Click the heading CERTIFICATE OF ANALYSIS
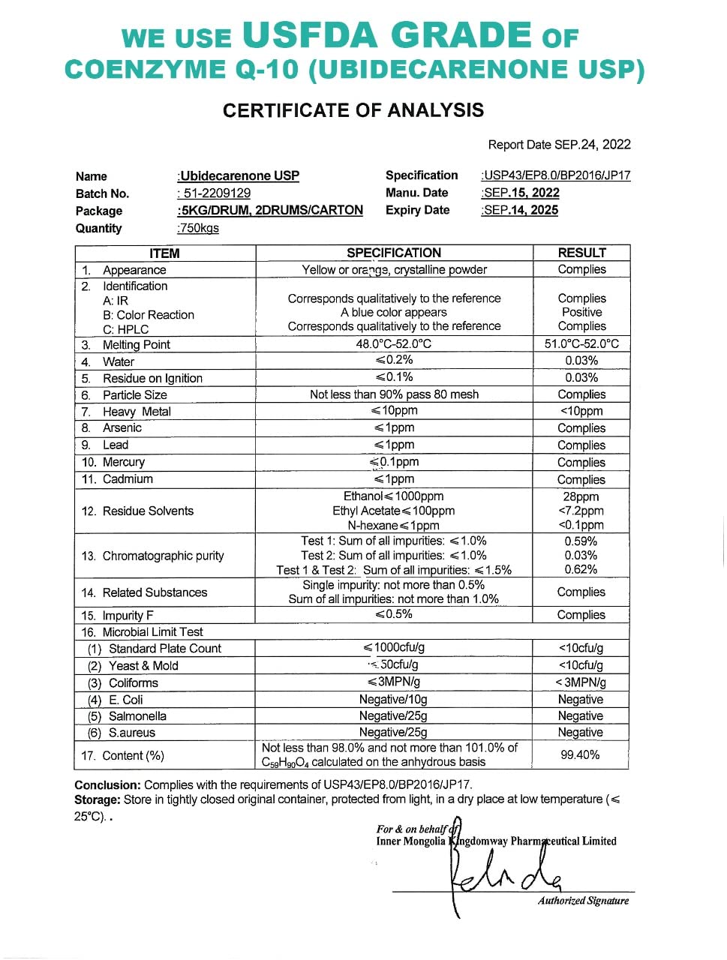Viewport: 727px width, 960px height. pyautogui.click(x=353, y=110)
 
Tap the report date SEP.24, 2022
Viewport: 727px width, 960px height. pyautogui.click(x=592, y=145)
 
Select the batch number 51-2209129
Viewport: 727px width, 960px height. pyautogui.click(x=215, y=193)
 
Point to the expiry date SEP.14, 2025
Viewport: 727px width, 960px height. pyautogui.click(x=521, y=210)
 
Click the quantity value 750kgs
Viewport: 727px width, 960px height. pyautogui.click(x=200, y=228)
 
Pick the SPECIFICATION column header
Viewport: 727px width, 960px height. pyautogui.click(x=394, y=253)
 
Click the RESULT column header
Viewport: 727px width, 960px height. pyautogui.click(x=581, y=253)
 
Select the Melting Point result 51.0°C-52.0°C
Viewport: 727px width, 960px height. pyautogui.click(x=581, y=344)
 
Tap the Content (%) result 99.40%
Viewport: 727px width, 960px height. pyautogui.click(x=580, y=754)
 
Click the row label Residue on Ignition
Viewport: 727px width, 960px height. pyautogui.click(x=152, y=378)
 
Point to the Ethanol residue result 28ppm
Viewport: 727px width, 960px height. pyautogui.click(x=581, y=496)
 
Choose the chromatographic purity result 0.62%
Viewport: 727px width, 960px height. pyautogui.click(x=581, y=569)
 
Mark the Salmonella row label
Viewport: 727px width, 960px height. pyautogui.click(x=137, y=716)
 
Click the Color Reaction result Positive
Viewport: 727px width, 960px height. pyautogui.click(x=581, y=312)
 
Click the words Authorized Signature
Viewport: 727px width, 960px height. pyautogui.click(x=583, y=901)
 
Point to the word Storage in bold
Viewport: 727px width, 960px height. pyautogui.click(x=98, y=799)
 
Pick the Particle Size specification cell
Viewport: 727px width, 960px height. pyautogui.click(x=394, y=394)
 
